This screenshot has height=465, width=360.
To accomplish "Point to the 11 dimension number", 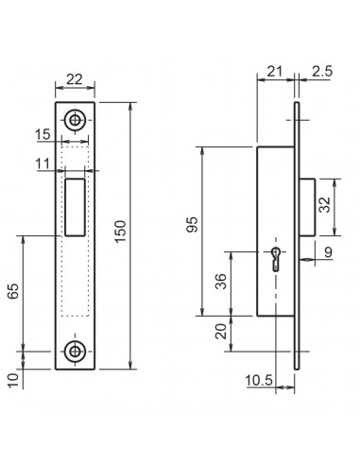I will coord(67,164).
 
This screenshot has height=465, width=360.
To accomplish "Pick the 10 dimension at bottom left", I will coord(11,379).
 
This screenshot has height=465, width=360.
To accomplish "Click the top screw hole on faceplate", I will coord(75,120).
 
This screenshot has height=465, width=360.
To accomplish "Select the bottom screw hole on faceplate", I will coord(75,350).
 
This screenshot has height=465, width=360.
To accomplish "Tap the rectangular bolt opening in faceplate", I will coord(76,206).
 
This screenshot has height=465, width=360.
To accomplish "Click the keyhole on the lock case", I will coord(275,258).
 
